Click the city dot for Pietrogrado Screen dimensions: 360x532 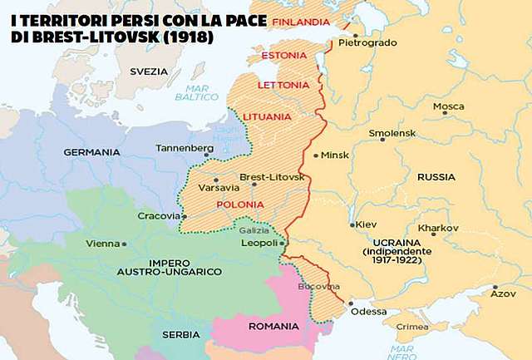coord(355,36)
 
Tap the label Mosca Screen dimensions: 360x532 coord(449,106)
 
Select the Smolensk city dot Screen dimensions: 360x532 coord(382,139)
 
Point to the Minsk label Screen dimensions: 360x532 coord(335,155)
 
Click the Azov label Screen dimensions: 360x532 coord(502,293)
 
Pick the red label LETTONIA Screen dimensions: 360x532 coord(284,85)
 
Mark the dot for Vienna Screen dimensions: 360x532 coord(124,244)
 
